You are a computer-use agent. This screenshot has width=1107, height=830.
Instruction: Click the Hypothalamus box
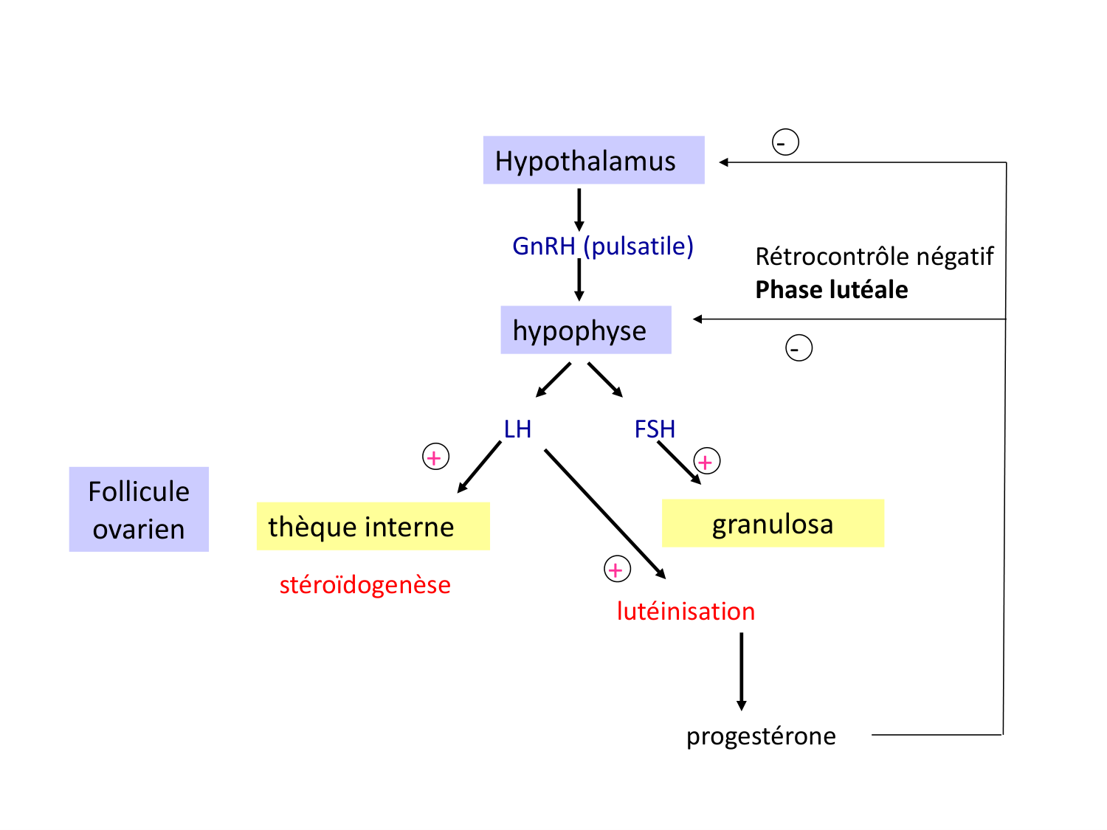coord(593,160)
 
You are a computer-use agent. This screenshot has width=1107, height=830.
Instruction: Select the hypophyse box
coord(585,330)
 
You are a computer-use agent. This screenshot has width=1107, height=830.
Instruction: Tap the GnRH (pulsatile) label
coord(602,246)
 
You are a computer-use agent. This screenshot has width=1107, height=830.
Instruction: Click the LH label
coord(517,429)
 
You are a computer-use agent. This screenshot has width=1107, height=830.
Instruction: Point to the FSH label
coord(655,429)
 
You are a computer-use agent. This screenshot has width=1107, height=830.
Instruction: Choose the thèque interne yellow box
coord(373,526)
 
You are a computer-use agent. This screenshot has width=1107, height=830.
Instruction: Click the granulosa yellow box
coord(773,524)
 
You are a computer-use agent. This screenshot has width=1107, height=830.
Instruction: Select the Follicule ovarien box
coord(139,509)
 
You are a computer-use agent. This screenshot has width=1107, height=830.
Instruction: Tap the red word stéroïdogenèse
coord(365,585)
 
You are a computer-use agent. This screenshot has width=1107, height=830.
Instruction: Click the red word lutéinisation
coord(686,612)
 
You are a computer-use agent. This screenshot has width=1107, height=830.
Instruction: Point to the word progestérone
coord(761,736)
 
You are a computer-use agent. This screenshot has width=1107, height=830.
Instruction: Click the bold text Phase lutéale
coord(831,290)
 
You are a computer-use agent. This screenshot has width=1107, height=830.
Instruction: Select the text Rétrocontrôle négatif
coord(874,257)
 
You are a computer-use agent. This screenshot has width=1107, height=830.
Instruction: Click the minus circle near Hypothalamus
coord(785,142)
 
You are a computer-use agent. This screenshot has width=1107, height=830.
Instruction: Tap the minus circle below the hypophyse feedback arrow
coord(799,347)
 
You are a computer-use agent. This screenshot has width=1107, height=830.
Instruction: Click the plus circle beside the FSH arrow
coord(706,462)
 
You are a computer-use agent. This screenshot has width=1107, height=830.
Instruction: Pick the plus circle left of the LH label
coord(435,457)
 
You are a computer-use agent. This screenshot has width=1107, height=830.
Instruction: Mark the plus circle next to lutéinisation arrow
coord(617,570)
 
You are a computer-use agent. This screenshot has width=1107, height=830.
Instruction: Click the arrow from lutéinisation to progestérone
coord(741,671)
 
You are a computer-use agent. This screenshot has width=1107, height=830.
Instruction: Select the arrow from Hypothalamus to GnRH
coord(579,210)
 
